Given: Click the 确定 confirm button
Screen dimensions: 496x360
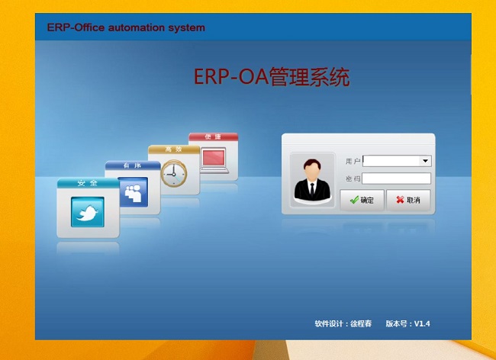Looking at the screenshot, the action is (x=362, y=200).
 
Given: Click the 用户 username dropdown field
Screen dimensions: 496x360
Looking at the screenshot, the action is (x=397, y=161).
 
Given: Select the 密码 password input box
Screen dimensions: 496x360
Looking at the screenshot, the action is (x=396, y=178).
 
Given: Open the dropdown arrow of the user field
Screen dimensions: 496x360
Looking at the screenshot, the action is (x=425, y=161).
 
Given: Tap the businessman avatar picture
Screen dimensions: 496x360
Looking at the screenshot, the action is (x=312, y=180).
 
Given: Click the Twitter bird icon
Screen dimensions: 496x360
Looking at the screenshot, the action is (x=88, y=212).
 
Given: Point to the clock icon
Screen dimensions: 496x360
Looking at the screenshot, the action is (x=174, y=174).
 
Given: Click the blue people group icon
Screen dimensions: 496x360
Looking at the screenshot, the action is (x=134, y=192).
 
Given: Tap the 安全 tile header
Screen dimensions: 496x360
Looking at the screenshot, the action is (x=88, y=183).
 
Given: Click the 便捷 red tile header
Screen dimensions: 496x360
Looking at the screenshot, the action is (x=213, y=137).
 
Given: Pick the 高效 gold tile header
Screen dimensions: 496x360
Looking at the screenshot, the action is (x=174, y=149).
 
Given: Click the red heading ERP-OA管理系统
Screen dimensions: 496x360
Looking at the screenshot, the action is (x=272, y=77).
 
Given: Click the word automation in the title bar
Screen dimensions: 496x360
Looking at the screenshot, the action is (x=137, y=27).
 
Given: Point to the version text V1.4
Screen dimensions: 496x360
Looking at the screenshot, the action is (x=422, y=323).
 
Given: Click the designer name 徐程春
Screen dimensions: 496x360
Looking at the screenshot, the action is (x=361, y=323).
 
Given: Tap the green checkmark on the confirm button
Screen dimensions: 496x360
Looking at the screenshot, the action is (x=354, y=200).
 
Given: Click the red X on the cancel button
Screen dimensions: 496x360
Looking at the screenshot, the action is (x=400, y=199).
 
